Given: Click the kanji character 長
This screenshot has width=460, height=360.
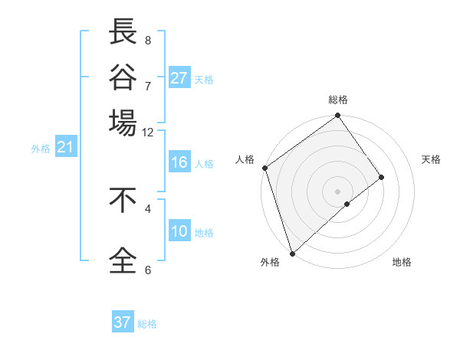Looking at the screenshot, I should tap(123, 33).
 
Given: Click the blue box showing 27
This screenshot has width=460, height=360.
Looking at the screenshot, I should tap(179, 78).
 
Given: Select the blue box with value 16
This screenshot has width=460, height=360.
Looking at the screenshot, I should tap(179, 162).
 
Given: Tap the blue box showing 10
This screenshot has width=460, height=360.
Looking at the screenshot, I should tap(179, 232).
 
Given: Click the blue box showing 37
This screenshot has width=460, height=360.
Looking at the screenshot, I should tap(123, 322).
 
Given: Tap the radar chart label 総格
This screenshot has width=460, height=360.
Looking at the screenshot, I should tap(338, 100).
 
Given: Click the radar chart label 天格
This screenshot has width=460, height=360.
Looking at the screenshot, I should tap(431, 159).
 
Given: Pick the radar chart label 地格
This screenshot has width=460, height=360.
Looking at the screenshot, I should tap(402, 262).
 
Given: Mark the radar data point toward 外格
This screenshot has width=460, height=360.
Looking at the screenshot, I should tap(292, 252).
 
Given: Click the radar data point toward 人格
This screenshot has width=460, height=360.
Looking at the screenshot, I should tap(264, 168).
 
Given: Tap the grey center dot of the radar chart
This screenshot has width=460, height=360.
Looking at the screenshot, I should tap(337, 191).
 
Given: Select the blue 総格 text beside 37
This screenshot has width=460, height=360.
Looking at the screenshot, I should tap(147, 324).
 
